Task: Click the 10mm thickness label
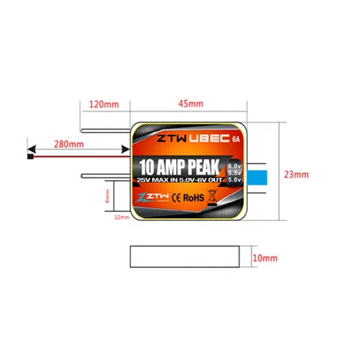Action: pyautogui.click(x=265, y=258)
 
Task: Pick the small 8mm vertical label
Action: pyautogui.click(x=107, y=196)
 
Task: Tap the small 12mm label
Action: pyautogui.click(x=121, y=218)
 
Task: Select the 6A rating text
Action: pyautogui.click(x=236, y=139)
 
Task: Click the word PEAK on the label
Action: pyautogui.click(x=198, y=166)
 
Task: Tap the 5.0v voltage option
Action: pyautogui.click(x=234, y=181)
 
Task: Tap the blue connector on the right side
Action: pyautogui.click(x=256, y=177)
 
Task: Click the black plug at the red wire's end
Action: pyautogui.click(x=28, y=156)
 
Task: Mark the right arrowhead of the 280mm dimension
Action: pyautogui.click(x=125, y=148)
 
